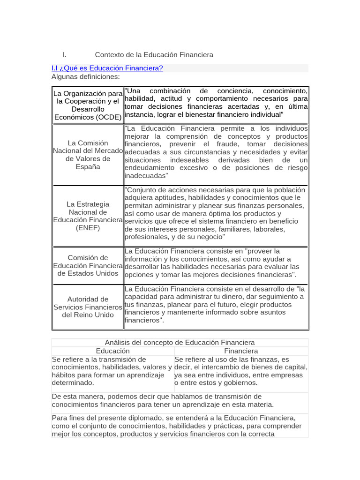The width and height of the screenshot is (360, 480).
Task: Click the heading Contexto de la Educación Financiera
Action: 154,55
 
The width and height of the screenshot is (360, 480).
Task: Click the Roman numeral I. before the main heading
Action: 64,55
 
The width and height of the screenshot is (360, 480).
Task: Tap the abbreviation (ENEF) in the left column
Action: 88,228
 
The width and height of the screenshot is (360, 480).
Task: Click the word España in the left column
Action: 88,167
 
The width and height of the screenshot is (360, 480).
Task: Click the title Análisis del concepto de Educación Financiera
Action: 180,343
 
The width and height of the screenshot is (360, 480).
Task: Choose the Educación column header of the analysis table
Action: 112,351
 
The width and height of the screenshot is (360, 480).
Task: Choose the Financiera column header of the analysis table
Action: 241,351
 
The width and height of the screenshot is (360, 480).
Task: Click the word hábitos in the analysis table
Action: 64,375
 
